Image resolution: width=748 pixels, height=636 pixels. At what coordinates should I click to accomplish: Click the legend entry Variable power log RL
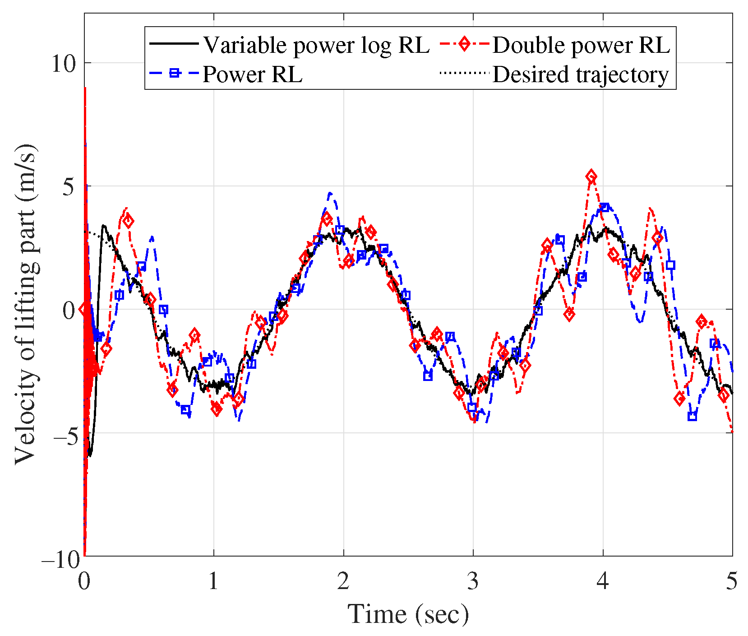(316, 45)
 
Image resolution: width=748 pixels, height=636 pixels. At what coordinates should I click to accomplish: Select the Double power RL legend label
(581, 45)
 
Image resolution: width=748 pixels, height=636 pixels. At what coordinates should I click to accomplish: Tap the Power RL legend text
(252, 74)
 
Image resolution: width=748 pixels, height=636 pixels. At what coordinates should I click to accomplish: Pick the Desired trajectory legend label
(580, 74)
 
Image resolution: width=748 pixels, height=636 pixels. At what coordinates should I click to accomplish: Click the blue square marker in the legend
(175, 73)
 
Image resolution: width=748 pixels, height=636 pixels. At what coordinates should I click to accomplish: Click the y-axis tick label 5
(68, 186)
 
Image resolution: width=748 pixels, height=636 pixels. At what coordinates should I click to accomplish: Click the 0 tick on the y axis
(69, 310)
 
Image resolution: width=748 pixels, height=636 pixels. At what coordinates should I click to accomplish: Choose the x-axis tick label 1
(213, 581)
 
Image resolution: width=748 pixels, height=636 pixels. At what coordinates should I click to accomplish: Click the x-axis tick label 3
(473, 581)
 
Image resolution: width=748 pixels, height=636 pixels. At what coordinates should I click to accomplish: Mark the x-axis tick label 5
(732, 581)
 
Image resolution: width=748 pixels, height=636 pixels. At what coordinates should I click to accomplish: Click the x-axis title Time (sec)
(408, 613)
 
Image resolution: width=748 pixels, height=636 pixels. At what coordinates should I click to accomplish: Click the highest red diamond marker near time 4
(591, 176)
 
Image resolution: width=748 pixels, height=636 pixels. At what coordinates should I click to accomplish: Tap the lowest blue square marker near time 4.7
(692, 416)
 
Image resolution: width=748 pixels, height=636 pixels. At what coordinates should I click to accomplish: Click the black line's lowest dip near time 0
(90, 455)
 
